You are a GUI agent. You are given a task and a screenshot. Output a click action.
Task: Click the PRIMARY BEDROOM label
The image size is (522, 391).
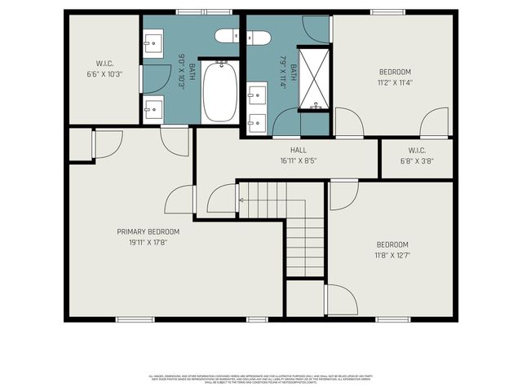[x=148, y=231]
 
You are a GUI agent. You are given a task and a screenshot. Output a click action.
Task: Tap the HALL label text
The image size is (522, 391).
[x=298, y=150]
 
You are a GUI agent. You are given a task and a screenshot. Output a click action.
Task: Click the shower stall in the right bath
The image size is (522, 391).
[x=314, y=79]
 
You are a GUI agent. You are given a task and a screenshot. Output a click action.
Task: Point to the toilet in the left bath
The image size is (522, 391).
[x=227, y=36]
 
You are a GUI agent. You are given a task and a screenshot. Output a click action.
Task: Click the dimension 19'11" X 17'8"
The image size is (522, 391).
[x=148, y=242]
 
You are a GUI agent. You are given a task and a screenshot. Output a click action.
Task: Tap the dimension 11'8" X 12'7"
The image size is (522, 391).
[x=392, y=255]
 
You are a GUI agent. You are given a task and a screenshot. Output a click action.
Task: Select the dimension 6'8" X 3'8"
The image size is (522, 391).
[x=416, y=161]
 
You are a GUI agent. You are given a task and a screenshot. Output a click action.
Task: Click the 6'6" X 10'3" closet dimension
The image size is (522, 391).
[x=104, y=73]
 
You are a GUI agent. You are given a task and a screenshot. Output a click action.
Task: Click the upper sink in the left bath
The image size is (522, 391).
[x=153, y=42]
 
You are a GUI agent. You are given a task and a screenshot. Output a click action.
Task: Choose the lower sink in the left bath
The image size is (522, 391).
[x=153, y=109]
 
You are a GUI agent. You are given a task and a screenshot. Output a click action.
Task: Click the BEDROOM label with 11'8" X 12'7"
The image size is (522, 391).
[x=392, y=244]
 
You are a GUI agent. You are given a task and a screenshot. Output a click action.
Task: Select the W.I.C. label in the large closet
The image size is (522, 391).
[x=104, y=64]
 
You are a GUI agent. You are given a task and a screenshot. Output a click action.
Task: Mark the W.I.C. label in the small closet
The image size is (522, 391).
[x=416, y=151]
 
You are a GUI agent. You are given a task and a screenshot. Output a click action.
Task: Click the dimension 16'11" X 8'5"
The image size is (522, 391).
[x=298, y=160]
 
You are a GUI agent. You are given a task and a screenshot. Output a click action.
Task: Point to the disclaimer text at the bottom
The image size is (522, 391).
[x=261, y=379]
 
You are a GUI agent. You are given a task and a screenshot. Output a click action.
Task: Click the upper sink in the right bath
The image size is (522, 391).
[x=256, y=96]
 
